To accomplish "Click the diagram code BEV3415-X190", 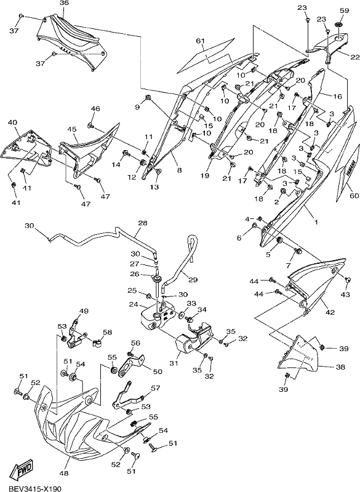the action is pos(30,488).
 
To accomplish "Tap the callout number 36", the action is pos(64,3).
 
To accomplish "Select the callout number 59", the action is pos(344,10).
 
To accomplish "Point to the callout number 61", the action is pos(200,41).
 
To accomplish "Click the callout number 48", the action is pos(64,474).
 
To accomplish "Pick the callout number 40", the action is pos(12,122).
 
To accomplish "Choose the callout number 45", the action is pos(71,129).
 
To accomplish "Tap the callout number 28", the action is pos(143,223).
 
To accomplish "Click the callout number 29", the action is pos(193,280).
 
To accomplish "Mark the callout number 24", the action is pos(134,304).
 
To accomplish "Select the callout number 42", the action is pos(330,312).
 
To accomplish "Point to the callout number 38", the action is pos(340,367).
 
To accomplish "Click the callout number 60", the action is pos(354,196).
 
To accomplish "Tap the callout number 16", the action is pos(337,97).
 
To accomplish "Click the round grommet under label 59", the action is pos(338,24).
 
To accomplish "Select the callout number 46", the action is pos(95,109).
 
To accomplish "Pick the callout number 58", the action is pos(107,332).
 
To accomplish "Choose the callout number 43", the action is pos(345,295).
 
